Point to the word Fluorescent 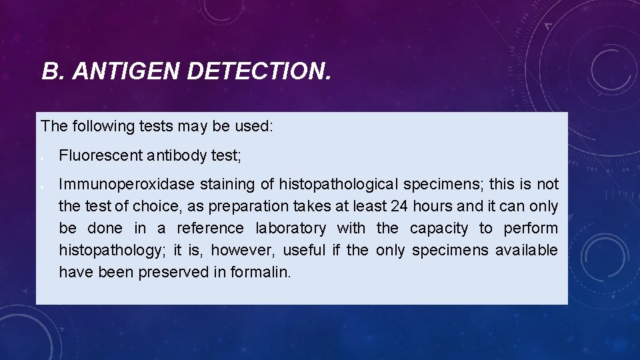pos(100,156)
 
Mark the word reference pos(210,229)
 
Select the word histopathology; pos(112,251)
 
